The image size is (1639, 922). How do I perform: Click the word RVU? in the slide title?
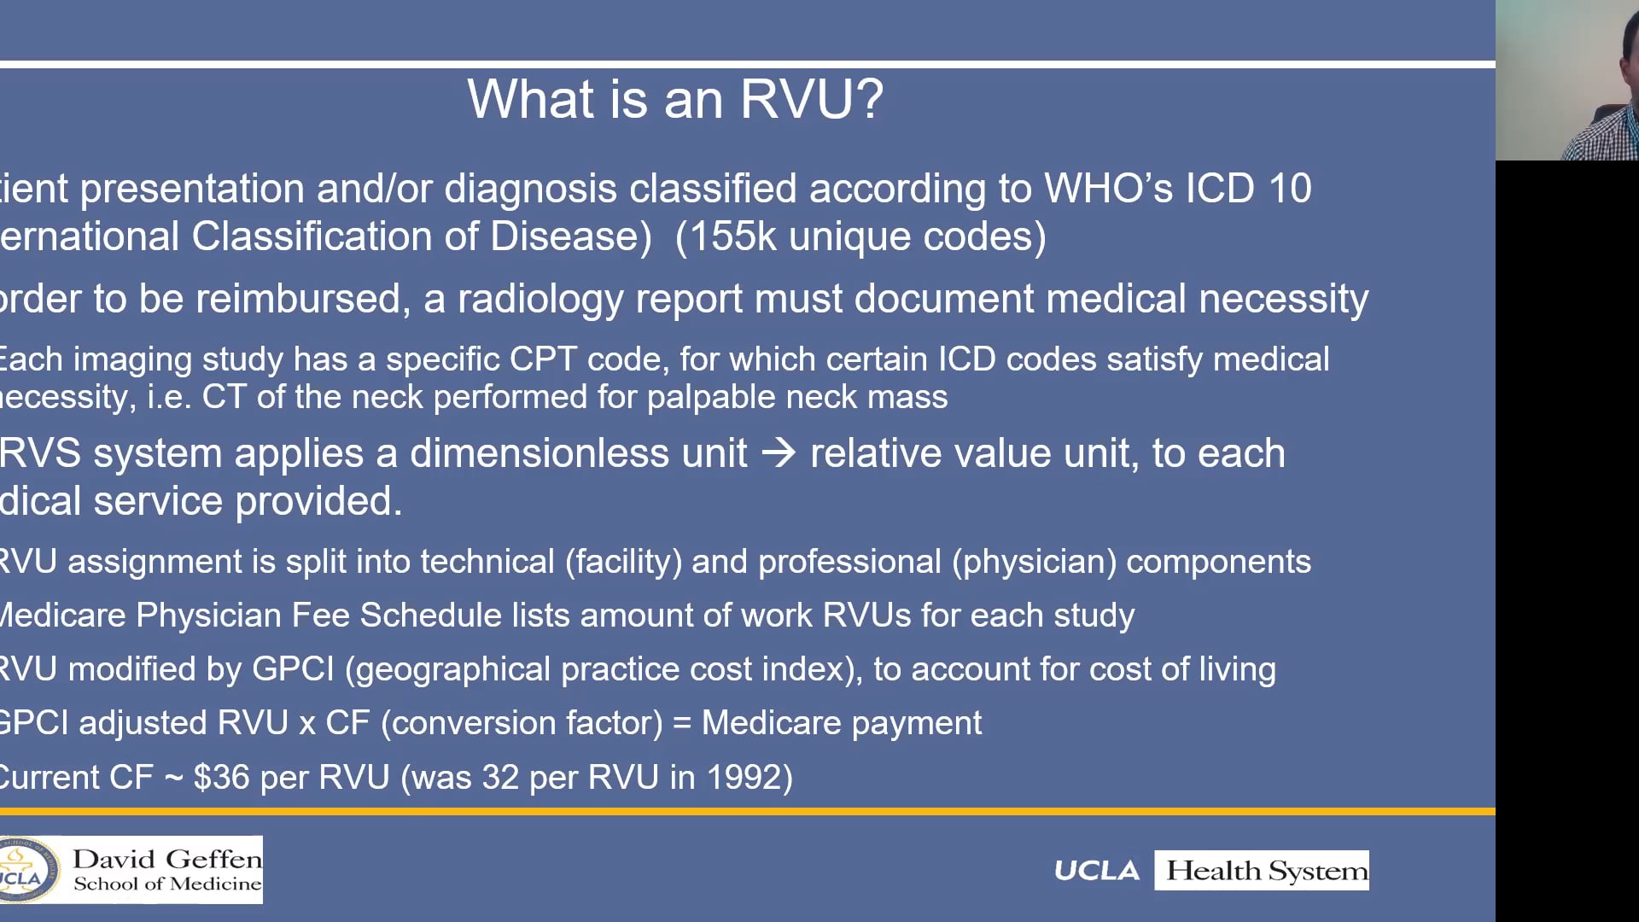click(x=811, y=100)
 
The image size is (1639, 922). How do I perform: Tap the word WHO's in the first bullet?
click(x=1108, y=189)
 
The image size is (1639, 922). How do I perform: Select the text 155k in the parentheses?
click(x=732, y=237)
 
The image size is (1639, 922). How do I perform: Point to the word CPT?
click(x=543, y=359)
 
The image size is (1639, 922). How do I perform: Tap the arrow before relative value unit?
click(x=778, y=452)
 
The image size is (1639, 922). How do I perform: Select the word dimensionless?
click(x=578, y=453)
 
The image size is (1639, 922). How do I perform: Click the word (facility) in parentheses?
click(x=623, y=563)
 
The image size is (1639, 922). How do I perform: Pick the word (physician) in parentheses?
click(x=1034, y=563)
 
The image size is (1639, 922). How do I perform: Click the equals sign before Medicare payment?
click(x=681, y=724)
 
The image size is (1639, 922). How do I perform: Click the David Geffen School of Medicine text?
click(x=166, y=870)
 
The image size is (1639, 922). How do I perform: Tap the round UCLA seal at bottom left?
click(x=26, y=871)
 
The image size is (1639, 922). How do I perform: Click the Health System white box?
click(x=1261, y=871)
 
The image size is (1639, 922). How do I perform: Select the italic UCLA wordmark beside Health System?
click(x=1096, y=871)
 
